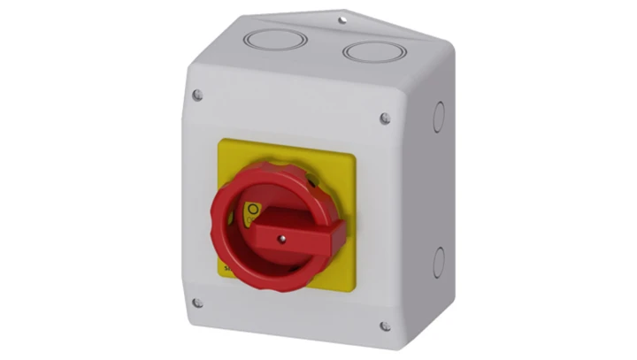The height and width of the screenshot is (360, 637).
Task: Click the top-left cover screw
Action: [196, 95]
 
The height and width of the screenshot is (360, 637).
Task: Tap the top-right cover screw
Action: [384, 117]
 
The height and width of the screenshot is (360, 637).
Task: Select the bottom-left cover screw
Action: [196, 303]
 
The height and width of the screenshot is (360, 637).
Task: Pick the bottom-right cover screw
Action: [384, 326]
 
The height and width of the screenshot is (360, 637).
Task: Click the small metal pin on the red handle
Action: [280, 238]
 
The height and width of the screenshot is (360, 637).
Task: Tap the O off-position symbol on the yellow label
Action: [252, 209]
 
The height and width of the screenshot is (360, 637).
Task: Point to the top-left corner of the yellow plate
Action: [219, 144]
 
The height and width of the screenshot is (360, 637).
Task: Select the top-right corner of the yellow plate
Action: [356, 157]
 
